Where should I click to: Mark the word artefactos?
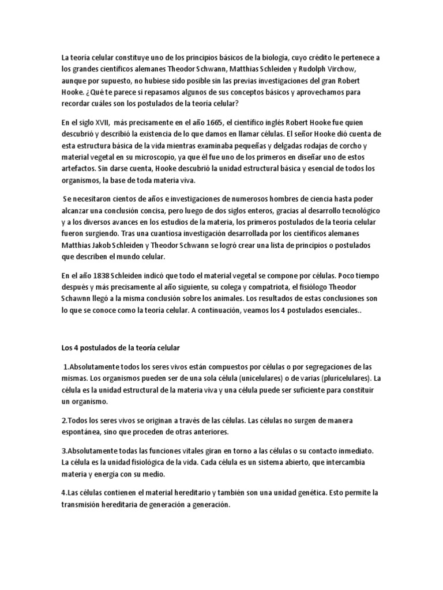pos(81,168)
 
